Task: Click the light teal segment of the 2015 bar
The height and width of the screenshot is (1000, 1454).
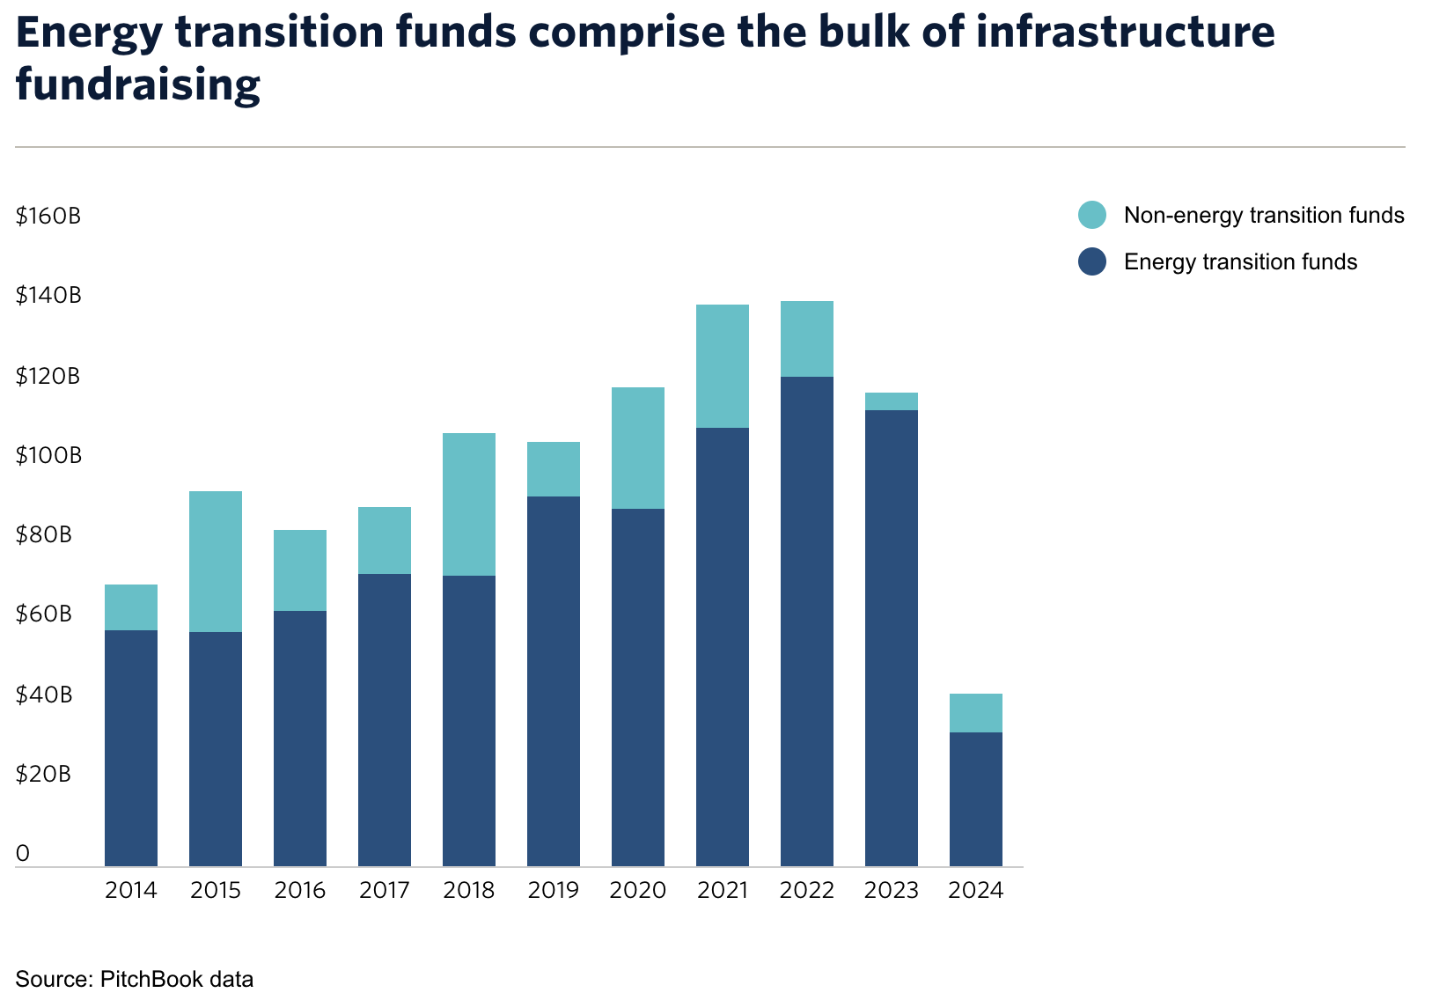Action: point(216,562)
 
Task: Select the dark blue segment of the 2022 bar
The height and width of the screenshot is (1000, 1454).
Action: point(807,621)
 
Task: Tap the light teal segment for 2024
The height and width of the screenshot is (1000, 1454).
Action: point(976,713)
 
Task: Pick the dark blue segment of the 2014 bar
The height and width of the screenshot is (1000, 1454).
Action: point(131,748)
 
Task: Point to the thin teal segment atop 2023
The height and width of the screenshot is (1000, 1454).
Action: point(892,401)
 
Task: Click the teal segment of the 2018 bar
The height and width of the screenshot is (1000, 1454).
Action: point(469,504)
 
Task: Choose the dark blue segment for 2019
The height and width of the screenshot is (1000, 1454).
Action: point(554,681)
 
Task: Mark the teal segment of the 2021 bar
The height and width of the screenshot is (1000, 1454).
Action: point(723,366)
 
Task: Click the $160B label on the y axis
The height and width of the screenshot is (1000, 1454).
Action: point(48,216)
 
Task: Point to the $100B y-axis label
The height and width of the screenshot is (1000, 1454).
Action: point(48,456)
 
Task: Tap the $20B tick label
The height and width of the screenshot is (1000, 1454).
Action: point(43,775)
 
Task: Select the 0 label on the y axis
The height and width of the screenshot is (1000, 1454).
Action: point(23,853)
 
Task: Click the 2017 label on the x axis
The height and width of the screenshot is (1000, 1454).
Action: point(385,891)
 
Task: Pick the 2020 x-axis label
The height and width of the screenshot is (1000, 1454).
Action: point(638,891)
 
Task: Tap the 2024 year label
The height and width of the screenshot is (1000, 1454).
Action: point(976,891)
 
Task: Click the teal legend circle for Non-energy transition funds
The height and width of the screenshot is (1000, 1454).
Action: point(1092,216)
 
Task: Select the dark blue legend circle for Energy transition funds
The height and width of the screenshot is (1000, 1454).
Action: point(1092,261)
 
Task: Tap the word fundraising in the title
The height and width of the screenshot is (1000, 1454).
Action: point(138,85)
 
